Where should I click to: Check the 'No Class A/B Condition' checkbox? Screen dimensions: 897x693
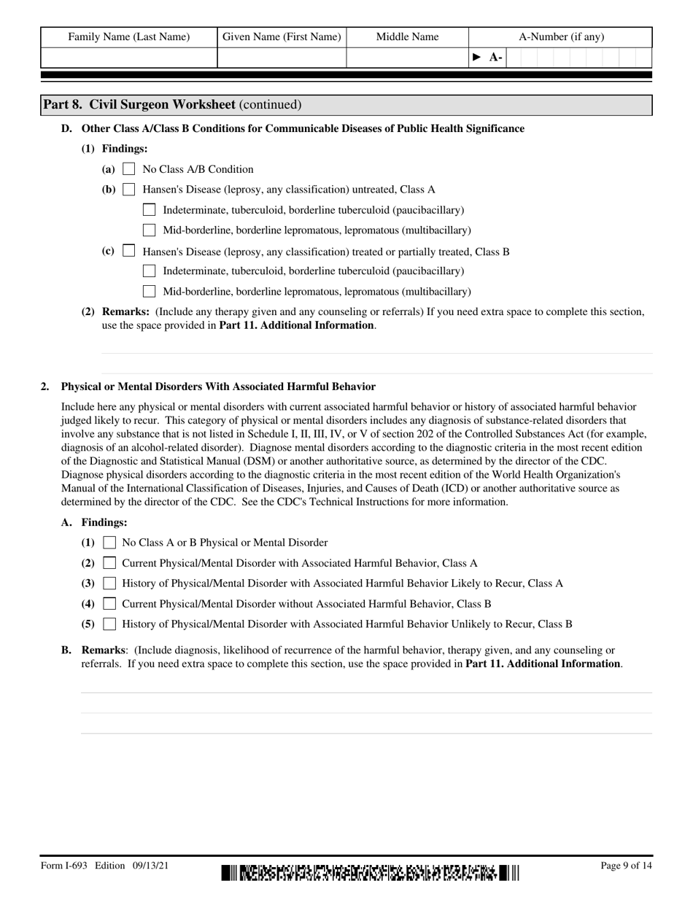(129, 169)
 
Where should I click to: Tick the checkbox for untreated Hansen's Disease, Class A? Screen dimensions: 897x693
(129, 190)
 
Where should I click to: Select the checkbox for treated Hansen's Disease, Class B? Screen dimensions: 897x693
(129, 251)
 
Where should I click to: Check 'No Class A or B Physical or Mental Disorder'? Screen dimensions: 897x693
(109, 543)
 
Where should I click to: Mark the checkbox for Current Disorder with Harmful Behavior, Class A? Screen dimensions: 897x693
(109, 563)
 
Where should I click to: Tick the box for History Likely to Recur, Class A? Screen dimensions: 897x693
(109, 583)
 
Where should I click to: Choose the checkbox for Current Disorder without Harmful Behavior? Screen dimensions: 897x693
(109, 604)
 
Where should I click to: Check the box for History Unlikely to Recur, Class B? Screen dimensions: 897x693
(109, 624)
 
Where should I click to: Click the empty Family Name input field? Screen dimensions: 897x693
(129, 58)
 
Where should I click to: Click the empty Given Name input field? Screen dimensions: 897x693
(282, 58)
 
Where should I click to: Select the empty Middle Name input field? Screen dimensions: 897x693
(407, 58)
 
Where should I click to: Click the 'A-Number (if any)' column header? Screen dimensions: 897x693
(561, 37)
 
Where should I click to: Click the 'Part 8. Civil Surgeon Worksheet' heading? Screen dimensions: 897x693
(172, 105)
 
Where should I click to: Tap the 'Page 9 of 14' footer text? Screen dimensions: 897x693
(626, 866)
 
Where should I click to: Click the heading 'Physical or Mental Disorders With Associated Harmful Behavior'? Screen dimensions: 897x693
(218, 387)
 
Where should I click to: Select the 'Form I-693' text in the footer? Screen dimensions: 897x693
(64, 866)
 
